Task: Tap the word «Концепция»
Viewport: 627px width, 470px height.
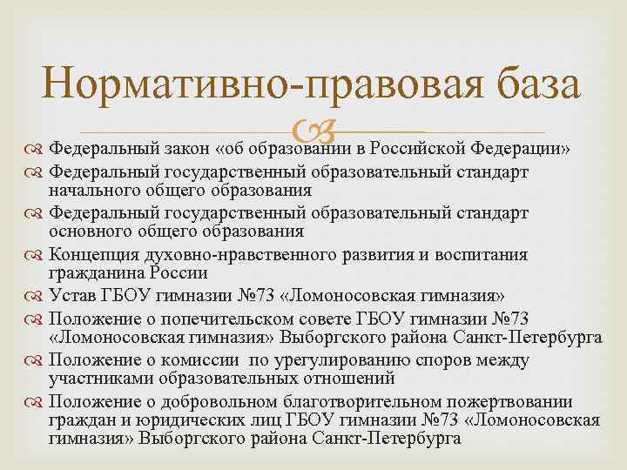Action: [x=93, y=254]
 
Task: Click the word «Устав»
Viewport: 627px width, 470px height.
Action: [x=72, y=295]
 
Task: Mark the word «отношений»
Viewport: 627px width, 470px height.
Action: [x=354, y=379]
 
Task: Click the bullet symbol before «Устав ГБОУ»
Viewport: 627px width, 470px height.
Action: [x=36, y=295]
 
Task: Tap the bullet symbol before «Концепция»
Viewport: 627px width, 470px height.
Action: [x=36, y=254]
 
